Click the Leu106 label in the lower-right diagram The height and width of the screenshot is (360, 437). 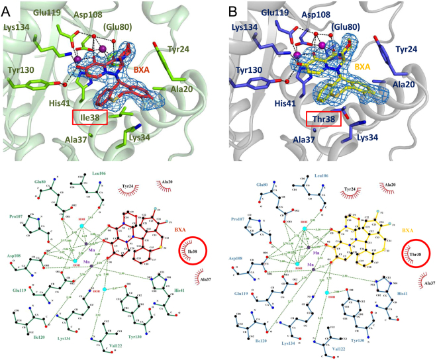[324, 174]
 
